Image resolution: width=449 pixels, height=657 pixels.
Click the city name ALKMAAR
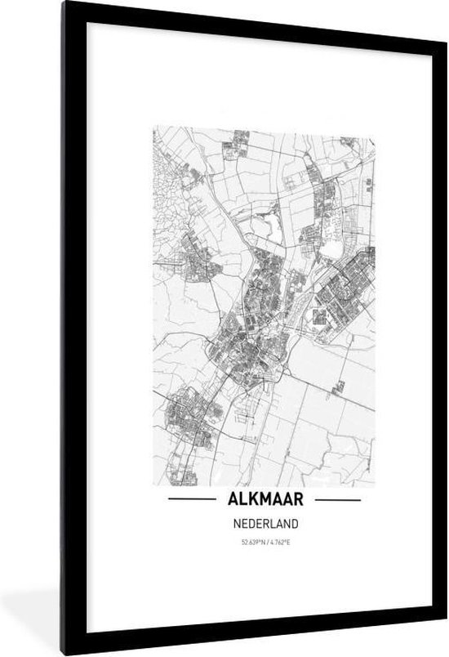point(265,498)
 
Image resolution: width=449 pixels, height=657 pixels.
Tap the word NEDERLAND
point(264,523)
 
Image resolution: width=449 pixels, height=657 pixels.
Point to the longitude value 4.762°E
point(278,542)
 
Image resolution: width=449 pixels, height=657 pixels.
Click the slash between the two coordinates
point(264,542)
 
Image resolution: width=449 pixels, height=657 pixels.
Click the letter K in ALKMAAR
point(248,498)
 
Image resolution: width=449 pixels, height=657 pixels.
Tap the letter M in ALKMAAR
point(262,498)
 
